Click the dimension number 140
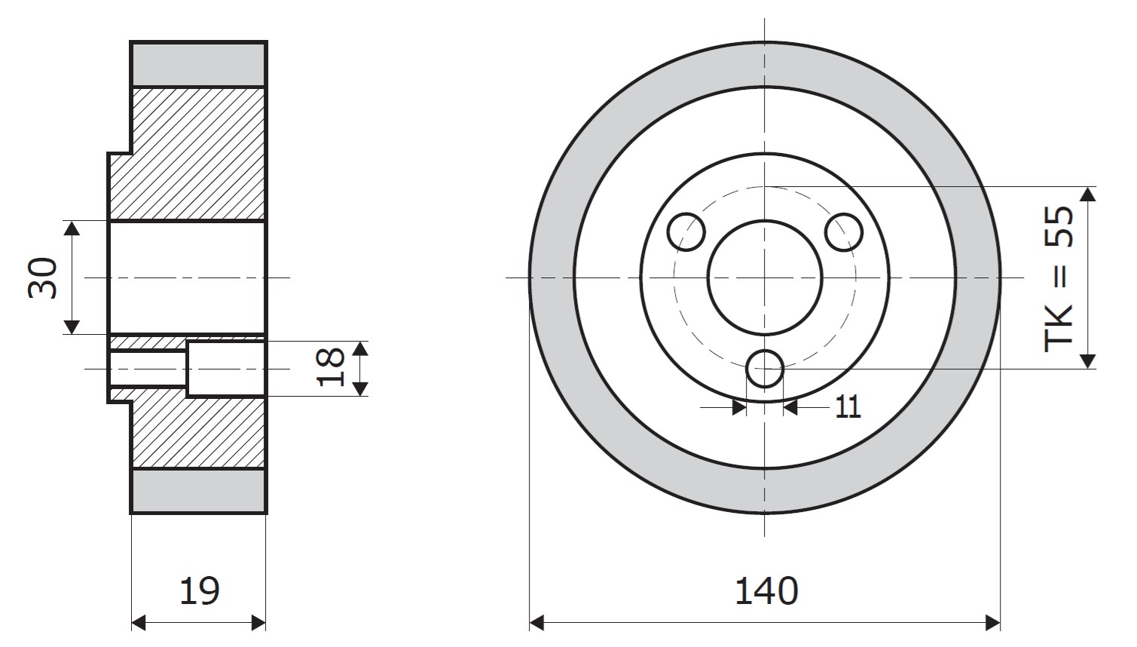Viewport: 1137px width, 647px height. (766, 591)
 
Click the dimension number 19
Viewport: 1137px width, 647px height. (200, 591)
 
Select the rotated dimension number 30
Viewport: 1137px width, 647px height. (43, 278)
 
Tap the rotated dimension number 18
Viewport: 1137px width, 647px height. (330, 367)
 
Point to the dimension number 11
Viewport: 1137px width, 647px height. (848, 406)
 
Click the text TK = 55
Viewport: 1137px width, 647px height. (1059, 278)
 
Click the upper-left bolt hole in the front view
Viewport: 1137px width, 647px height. (686, 232)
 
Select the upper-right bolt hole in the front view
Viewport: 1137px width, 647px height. (844, 232)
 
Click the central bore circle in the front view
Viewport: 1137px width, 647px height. (765, 220)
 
